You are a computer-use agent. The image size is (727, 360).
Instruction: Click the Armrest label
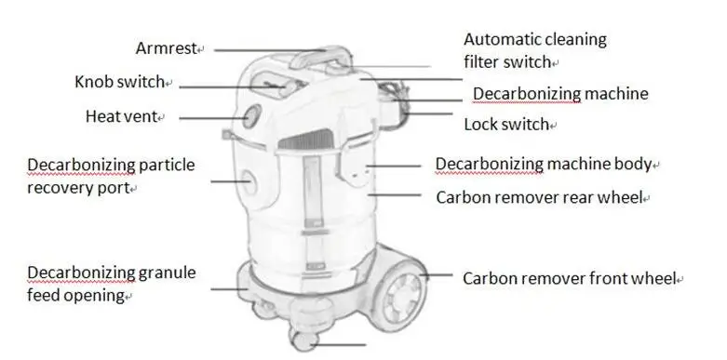[169, 47]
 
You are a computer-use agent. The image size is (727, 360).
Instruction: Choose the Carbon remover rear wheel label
[542, 197]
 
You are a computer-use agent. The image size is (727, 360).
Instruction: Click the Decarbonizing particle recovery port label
[110, 176]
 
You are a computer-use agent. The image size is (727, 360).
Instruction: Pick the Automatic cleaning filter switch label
[534, 50]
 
